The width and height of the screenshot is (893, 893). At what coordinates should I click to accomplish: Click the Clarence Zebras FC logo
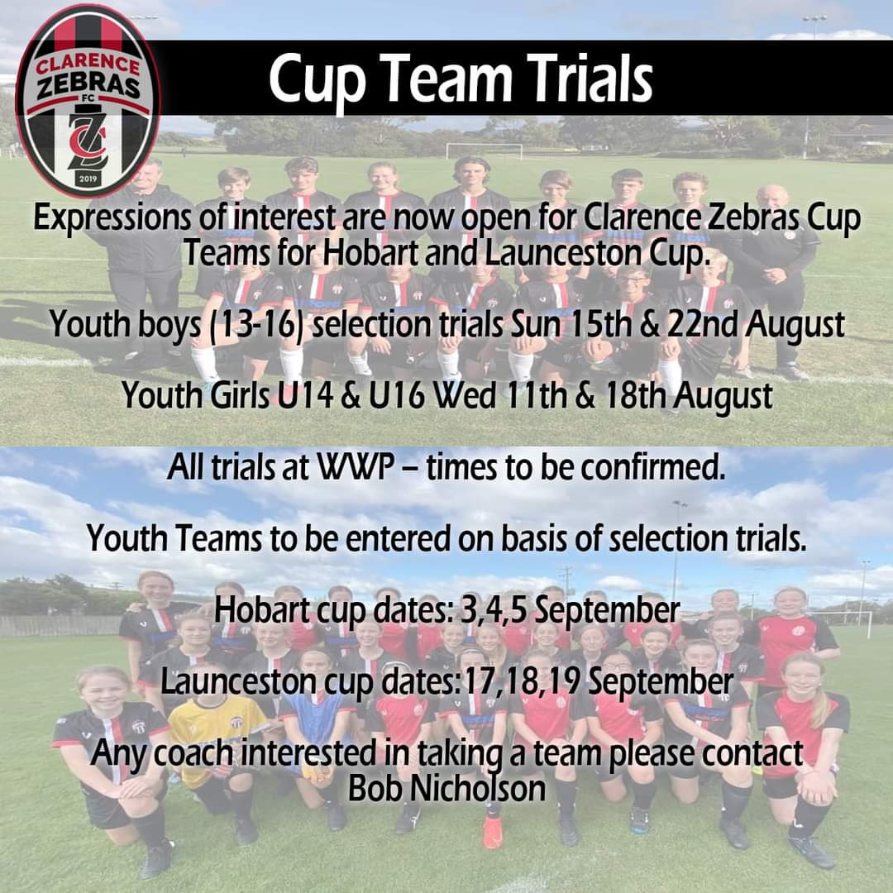(88, 99)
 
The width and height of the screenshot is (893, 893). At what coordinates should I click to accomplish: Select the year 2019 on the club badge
(87, 177)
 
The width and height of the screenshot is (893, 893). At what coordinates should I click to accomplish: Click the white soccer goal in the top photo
(484, 151)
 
